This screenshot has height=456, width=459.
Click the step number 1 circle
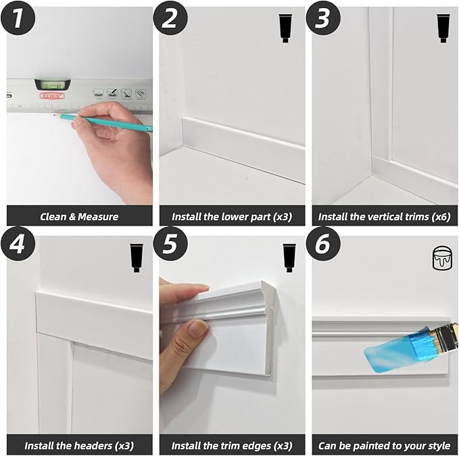click(x=18, y=18)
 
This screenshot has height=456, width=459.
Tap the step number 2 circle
click(x=170, y=18)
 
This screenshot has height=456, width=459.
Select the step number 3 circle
click(x=324, y=18)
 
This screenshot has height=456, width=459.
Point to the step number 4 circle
click(x=18, y=244)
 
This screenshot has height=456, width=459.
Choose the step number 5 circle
click(x=170, y=244)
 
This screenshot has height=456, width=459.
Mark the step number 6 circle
click(x=324, y=244)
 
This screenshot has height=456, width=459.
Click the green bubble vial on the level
click(x=53, y=85)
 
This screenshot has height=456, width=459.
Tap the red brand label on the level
click(x=52, y=96)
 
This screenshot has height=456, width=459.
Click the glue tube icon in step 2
click(x=285, y=28)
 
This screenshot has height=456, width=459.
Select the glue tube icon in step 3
click(x=443, y=28)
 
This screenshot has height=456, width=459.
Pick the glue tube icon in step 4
click(x=137, y=258)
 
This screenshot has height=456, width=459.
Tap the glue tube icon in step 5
click(x=289, y=258)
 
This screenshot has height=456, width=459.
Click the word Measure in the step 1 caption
click(x=98, y=217)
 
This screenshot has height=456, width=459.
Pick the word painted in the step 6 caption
click(x=372, y=446)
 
